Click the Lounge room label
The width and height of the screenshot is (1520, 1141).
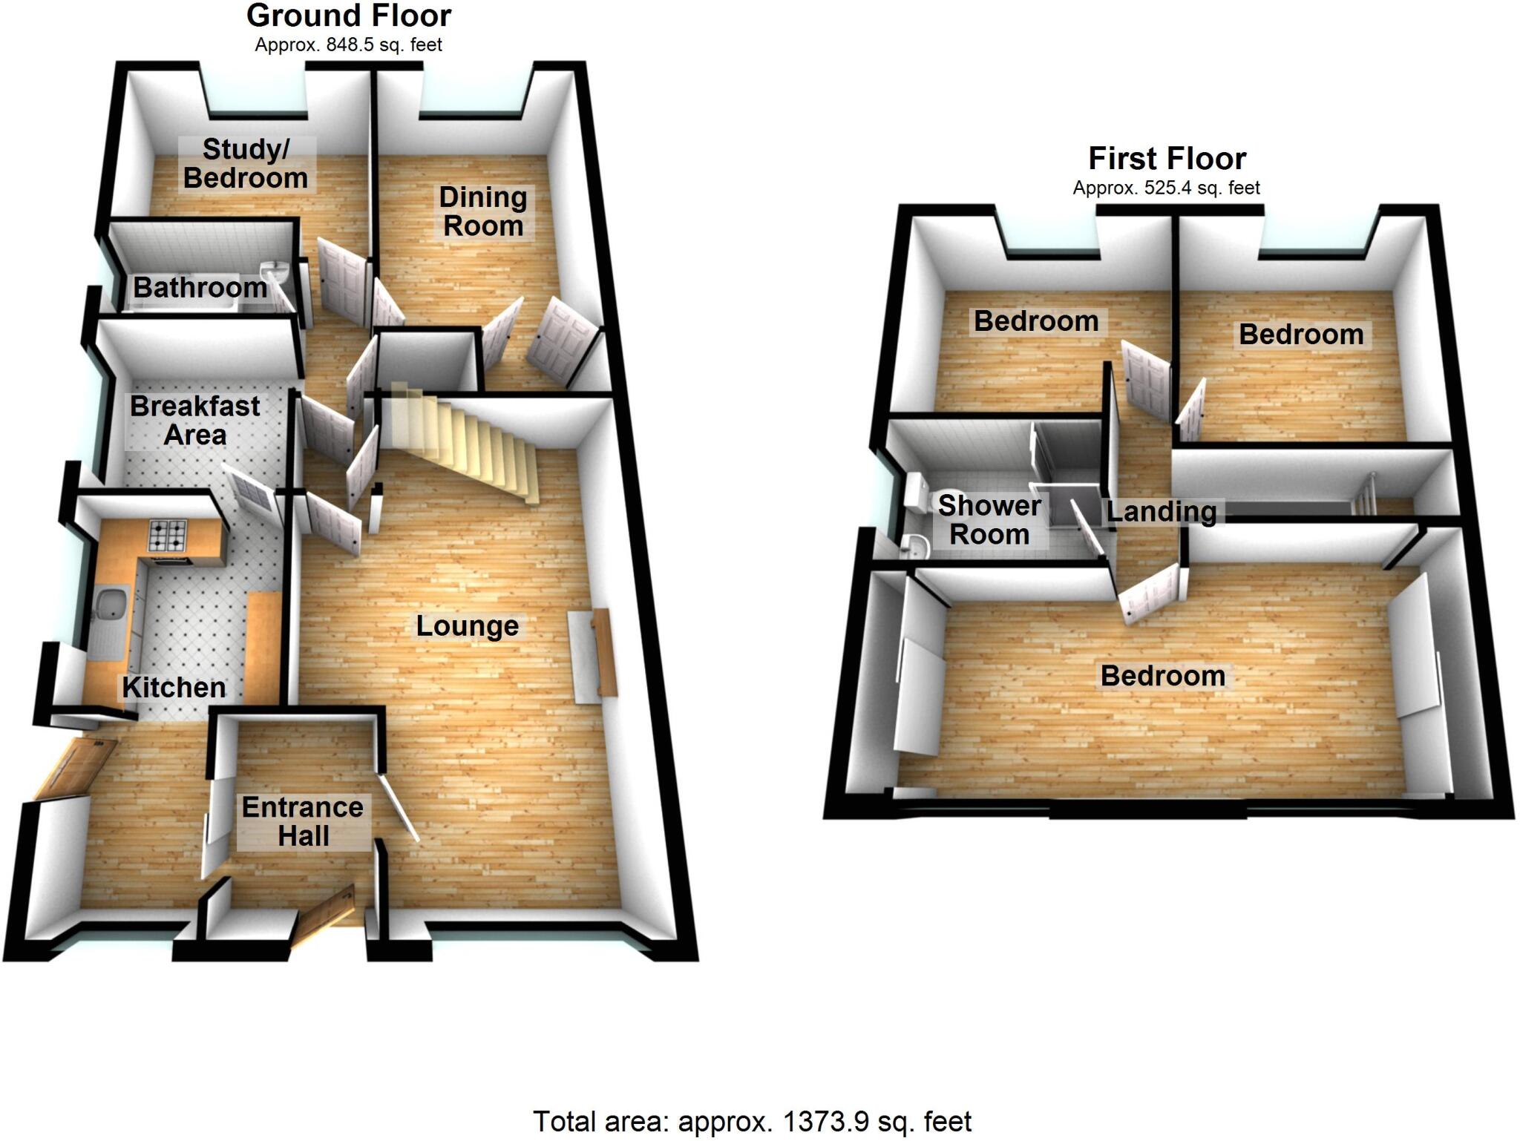click(x=467, y=626)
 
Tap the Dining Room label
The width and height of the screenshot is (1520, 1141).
click(x=483, y=211)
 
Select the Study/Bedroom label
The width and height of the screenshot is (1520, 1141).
click(x=246, y=164)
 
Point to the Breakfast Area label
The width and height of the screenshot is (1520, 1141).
click(x=194, y=420)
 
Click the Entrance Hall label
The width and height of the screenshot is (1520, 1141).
click(x=303, y=821)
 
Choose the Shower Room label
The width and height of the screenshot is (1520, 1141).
click(x=989, y=520)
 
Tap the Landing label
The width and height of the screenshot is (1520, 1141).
click(x=1161, y=511)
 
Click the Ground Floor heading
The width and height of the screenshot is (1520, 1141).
click(x=349, y=16)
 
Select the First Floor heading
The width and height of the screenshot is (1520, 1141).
click(x=1167, y=159)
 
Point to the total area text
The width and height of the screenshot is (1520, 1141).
click(x=752, y=1121)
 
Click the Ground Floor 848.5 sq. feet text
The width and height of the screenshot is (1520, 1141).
click(x=348, y=45)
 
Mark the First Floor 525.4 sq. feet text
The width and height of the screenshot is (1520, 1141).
click(x=1166, y=188)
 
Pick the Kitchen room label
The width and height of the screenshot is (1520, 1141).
click(x=174, y=688)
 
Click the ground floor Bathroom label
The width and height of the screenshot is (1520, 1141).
click(x=200, y=288)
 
